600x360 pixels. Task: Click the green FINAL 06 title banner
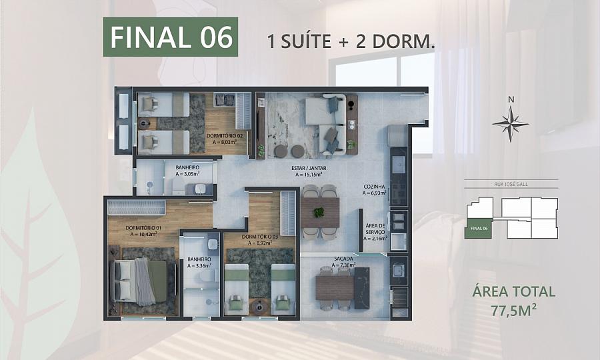171,37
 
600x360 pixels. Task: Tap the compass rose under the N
511,124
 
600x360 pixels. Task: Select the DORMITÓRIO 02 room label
225,135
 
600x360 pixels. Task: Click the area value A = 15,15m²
309,175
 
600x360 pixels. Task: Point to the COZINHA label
374,187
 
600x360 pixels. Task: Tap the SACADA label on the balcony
343,259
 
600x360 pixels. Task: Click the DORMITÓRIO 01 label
143,229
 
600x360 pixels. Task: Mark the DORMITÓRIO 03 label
260,237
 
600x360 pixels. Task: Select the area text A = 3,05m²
187,174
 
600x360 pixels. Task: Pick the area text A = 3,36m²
199,265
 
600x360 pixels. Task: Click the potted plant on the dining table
319,212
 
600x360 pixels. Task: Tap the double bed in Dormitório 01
139,281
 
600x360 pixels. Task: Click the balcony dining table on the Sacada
335,288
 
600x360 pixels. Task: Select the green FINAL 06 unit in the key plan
478,229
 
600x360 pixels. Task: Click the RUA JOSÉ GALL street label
511,184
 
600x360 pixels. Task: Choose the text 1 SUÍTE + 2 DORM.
351,42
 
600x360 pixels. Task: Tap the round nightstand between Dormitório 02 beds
144,123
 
